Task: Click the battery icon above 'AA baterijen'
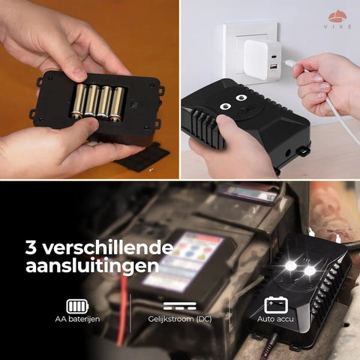point(77,306)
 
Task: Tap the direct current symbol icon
point(179,306)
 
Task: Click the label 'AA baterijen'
point(77,320)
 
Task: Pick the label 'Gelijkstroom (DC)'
point(179,320)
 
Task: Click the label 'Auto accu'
point(277,320)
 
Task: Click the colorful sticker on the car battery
point(180,259)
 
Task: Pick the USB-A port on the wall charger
point(274,68)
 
